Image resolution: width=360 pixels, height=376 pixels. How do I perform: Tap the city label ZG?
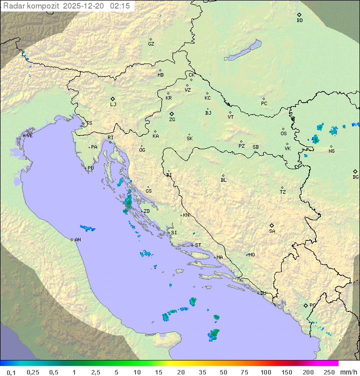(172, 120)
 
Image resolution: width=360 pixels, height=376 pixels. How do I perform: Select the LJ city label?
(113, 105)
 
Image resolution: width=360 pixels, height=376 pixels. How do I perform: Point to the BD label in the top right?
(299, 21)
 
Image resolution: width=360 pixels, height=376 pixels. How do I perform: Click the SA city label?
(272, 231)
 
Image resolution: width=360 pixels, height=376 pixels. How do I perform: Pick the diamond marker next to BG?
(355, 171)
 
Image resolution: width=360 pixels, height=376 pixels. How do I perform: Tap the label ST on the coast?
(198, 245)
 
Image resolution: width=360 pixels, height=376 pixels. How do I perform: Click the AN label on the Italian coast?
(77, 240)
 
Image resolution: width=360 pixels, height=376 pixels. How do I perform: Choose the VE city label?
(29, 136)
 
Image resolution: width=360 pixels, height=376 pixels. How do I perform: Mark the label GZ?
(151, 44)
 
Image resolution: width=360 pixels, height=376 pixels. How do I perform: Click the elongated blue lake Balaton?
(243, 51)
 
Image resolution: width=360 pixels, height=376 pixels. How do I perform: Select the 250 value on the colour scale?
(328, 372)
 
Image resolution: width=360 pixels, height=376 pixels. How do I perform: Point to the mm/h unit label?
(348, 372)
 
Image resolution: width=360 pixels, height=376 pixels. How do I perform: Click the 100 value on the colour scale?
(265, 372)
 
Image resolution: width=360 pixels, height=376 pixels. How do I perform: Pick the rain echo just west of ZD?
(128, 203)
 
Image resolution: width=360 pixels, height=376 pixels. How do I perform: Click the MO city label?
(251, 255)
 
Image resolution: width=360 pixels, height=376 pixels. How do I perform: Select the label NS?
(331, 151)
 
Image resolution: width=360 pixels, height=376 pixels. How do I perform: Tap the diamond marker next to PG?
(306, 305)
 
